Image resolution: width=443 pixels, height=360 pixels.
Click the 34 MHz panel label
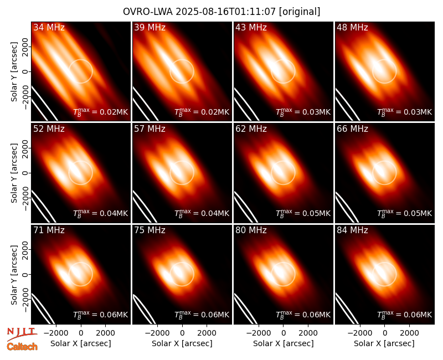click(x=49, y=27)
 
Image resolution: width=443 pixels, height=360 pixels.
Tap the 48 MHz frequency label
click(x=352, y=27)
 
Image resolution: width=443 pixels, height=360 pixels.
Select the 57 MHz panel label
click(x=150, y=129)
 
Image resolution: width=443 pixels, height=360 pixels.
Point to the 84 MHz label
click(x=352, y=230)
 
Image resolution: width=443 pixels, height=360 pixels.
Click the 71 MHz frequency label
click(x=49, y=230)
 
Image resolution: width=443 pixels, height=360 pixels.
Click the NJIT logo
click(x=22, y=334)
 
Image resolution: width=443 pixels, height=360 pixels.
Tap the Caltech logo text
click(x=22, y=347)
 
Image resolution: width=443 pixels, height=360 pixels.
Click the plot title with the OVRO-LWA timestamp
click(x=221, y=12)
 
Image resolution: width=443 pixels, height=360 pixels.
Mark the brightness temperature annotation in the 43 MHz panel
click(x=303, y=112)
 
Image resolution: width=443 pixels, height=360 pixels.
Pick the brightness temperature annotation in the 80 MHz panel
click(x=303, y=315)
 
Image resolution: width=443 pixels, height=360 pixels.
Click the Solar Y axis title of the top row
click(x=14, y=72)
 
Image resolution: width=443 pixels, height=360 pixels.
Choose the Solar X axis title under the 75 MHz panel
click(x=182, y=343)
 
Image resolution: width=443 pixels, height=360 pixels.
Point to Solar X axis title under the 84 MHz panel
click(x=384, y=343)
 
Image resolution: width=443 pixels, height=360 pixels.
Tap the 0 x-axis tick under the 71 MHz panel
click(x=81, y=333)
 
